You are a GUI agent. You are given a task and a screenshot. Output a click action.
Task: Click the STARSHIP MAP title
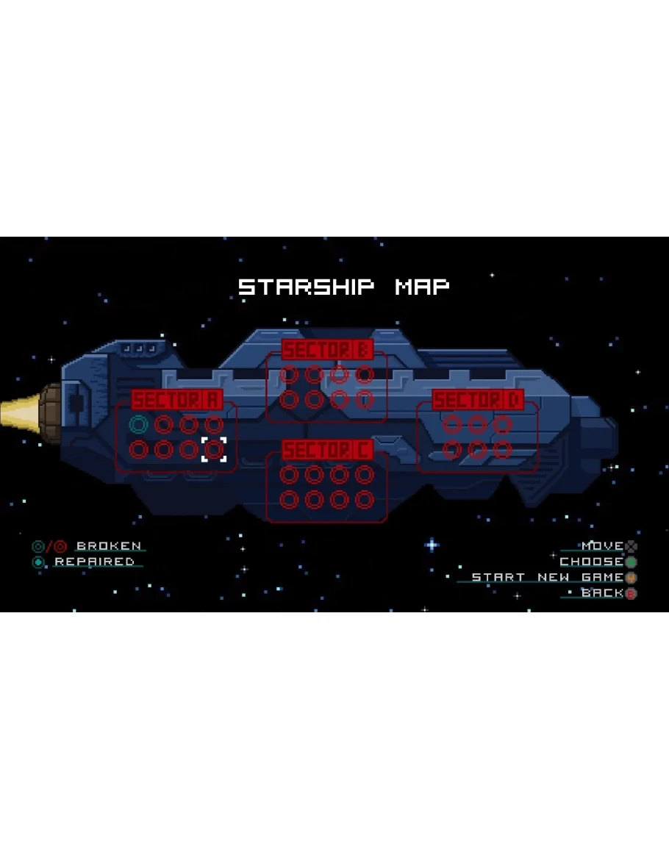click(x=343, y=287)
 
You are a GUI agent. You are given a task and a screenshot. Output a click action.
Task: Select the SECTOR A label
click(x=177, y=400)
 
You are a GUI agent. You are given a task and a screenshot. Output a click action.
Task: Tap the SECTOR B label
click(x=327, y=350)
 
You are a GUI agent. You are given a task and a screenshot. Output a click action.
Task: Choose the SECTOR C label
click(x=327, y=450)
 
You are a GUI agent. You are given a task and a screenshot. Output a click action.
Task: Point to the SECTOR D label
click(x=478, y=401)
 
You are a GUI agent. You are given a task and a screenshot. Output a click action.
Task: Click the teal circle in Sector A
click(x=138, y=424)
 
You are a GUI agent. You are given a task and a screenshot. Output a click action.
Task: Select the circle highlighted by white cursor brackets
click(x=214, y=449)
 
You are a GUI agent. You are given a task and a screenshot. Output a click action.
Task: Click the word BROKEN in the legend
click(x=109, y=546)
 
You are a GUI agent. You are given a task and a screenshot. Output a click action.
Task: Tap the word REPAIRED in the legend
click(x=95, y=562)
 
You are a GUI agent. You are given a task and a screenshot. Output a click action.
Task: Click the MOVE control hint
click(x=602, y=546)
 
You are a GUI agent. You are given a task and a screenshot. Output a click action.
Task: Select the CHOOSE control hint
click(x=592, y=562)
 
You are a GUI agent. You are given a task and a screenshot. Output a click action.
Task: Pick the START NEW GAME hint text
click(x=547, y=577)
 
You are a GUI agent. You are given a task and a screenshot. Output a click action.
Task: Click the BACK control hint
click(x=602, y=592)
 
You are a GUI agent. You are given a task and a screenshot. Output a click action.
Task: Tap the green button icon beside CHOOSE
click(x=631, y=562)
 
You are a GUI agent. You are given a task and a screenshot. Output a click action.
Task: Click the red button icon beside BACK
click(x=631, y=593)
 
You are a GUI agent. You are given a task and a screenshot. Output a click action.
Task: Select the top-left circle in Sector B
click(x=290, y=375)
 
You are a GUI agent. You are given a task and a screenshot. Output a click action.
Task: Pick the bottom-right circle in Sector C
click(x=365, y=500)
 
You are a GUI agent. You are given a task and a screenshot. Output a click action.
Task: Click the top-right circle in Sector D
click(x=502, y=424)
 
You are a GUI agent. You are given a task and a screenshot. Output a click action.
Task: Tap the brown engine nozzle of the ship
click(x=51, y=412)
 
